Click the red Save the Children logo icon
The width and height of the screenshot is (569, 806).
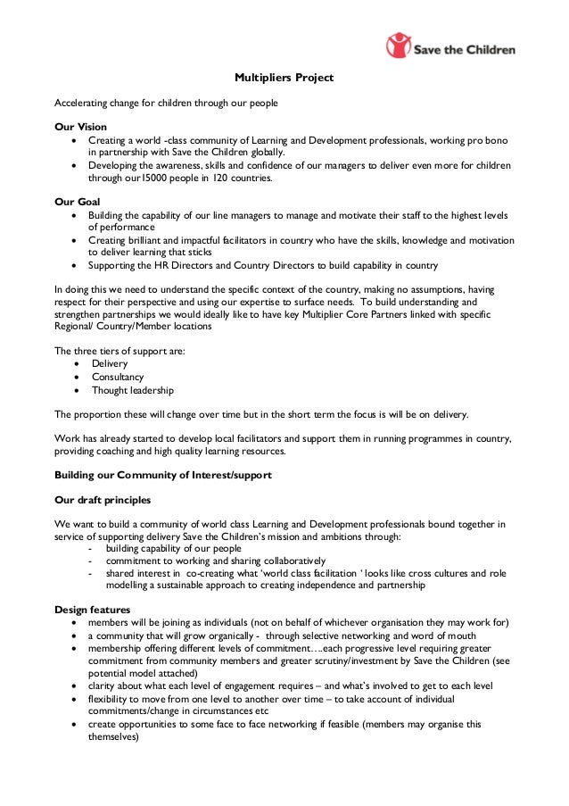[x=399, y=46]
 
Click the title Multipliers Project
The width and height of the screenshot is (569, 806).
[x=284, y=79]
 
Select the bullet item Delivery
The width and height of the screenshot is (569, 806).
[x=110, y=363]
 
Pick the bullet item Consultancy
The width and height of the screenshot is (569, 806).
[x=118, y=377]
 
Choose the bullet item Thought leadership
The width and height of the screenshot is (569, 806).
[x=133, y=390]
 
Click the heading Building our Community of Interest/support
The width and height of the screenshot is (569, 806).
[x=163, y=475]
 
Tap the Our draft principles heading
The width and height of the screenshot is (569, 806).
[x=103, y=500]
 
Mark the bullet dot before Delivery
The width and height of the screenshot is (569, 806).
[x=81, y=363]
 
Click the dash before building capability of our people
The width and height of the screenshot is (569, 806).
[x=90, y=549]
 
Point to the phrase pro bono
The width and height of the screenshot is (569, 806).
[x=496, y=141]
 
